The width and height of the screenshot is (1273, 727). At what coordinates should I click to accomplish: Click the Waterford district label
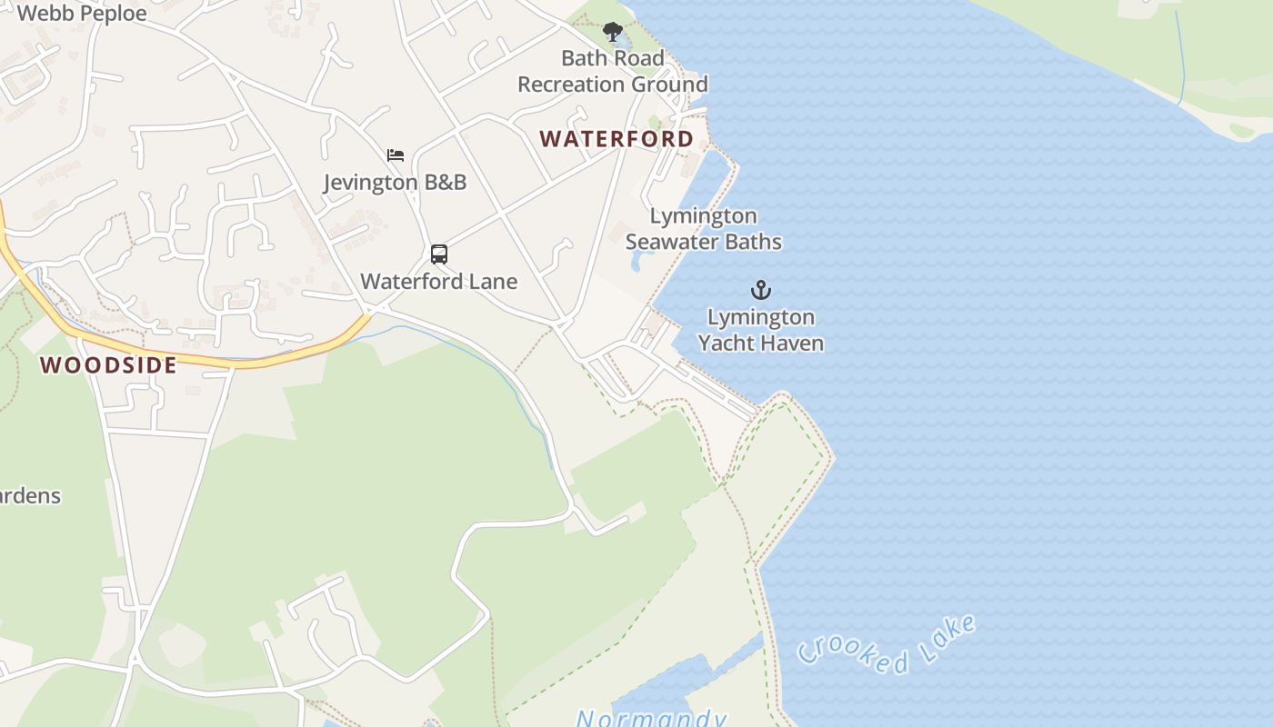click(616, 139)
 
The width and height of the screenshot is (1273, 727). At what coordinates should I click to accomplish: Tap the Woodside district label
click(108, 365)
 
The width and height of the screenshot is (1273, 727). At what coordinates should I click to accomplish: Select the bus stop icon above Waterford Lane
click(439, 254)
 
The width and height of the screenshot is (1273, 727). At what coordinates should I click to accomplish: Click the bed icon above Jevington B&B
click(396, 155)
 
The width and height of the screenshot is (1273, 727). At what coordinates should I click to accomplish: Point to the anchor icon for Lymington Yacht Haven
click(760, 290)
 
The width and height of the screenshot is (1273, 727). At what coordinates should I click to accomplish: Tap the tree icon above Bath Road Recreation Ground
click(613, 32)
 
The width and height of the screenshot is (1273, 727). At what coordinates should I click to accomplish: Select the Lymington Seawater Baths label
click(703, 229)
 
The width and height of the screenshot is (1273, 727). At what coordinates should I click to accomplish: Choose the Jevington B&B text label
click(396, 183)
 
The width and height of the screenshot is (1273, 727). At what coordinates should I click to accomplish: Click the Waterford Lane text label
click(439, 282)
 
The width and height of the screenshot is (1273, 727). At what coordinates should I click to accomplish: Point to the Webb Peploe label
click(82, 14)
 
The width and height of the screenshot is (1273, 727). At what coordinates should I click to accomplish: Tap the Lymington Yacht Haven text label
click(760, 330)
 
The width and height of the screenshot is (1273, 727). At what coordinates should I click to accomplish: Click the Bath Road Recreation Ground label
click(613, 72)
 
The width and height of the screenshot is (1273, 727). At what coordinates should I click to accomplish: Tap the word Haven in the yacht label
click(794, 344)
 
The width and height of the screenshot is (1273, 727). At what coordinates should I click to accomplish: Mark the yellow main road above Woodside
click(273, 357)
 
